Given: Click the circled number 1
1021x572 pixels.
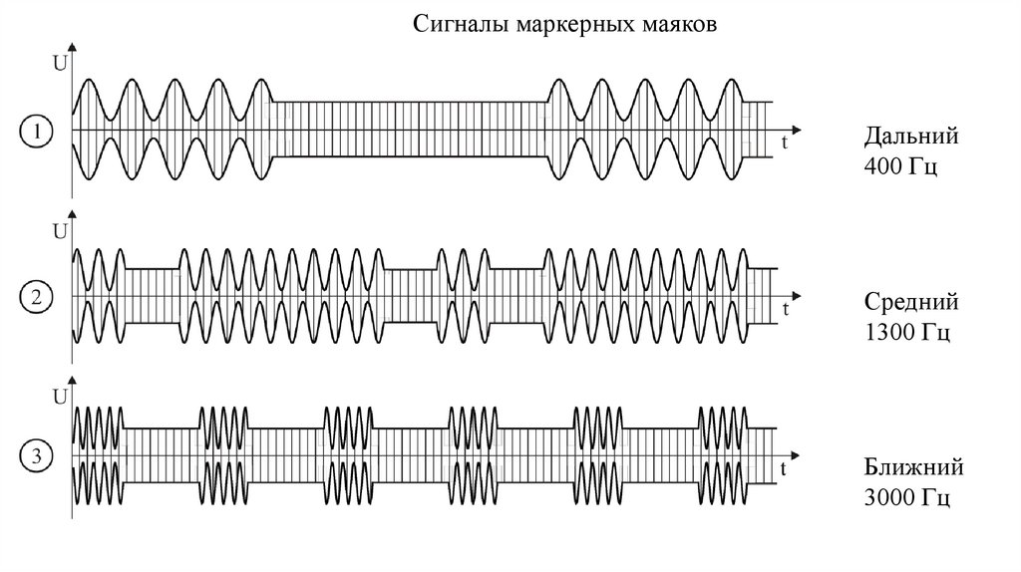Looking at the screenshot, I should pyautogui.click(x=36, y=131).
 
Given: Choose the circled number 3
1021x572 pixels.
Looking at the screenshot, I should pyautogui.click(x=36, y=458).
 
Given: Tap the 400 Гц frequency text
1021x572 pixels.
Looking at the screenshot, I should pyautogui.click(x=900, y=165).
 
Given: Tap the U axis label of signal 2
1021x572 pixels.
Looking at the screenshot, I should pyautogui.click(x=59, y=232).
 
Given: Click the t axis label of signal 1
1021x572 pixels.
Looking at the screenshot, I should pyautogui.click(x=787, y=143).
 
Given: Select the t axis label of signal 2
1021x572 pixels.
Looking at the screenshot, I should pyautogui.click(x=787, y=310).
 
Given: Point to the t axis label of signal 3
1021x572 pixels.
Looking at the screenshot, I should pyautogui.click(x=787, y=468).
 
